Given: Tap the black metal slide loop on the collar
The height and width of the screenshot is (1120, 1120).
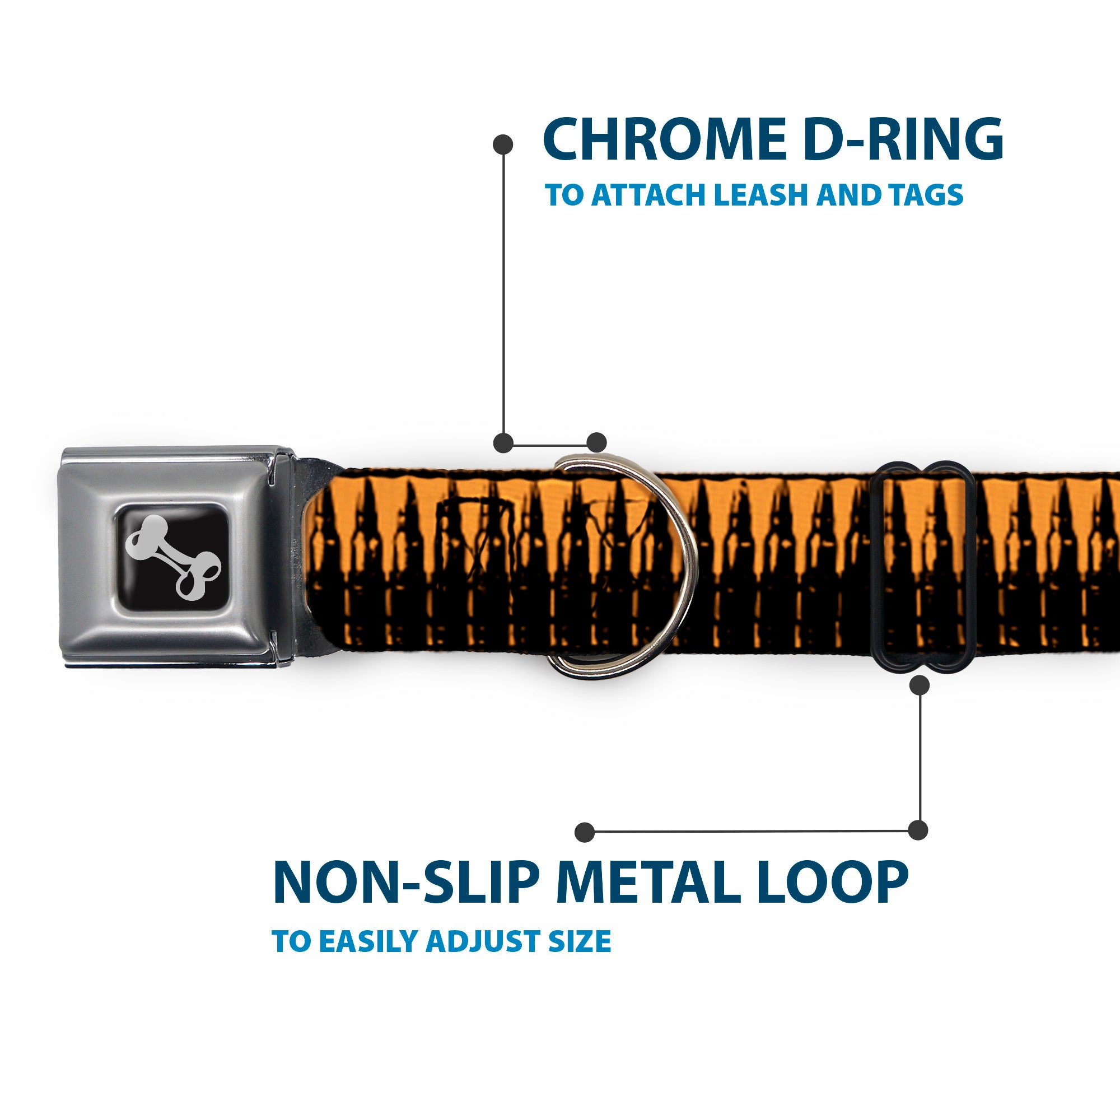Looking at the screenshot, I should (x=920, y=567).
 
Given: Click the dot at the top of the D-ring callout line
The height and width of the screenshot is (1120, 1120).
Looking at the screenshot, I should (x=503, y=144).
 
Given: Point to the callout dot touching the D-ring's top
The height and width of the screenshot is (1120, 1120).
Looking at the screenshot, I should (x=596, y=443).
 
